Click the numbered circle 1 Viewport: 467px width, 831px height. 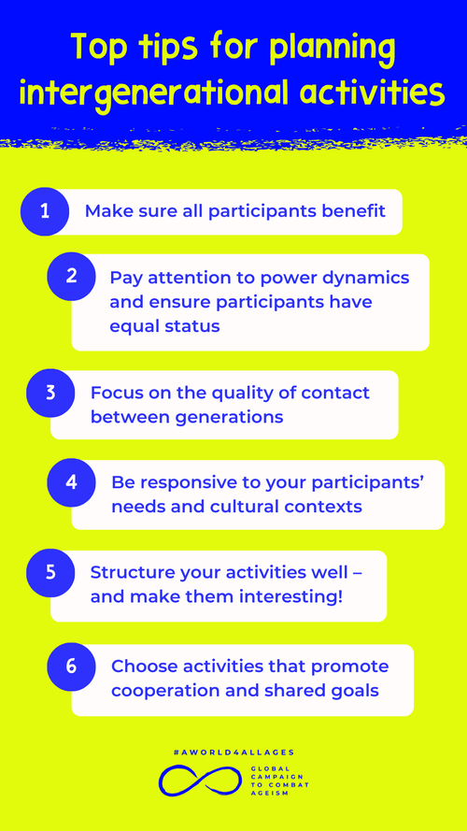(x=45, y=210)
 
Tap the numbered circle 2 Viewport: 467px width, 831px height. (x=72, y=276)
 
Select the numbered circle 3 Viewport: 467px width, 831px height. (x=50, y=393)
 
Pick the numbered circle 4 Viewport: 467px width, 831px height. (x=72, y=483)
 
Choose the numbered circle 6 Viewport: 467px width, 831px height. (x=72, y=666)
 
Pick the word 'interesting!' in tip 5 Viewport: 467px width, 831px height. (x=290, y=595)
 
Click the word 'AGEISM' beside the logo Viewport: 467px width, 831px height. (x=268, y=795)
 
